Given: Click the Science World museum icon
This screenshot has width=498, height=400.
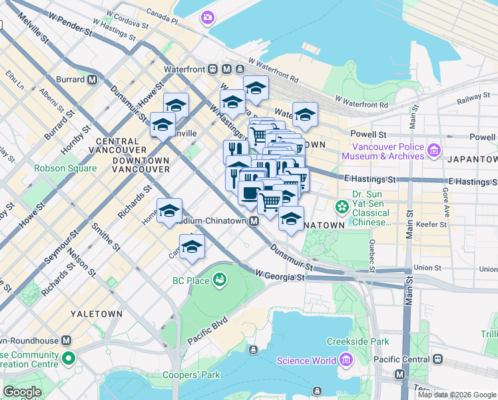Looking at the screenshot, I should pyautogui.click(x=344, y=361).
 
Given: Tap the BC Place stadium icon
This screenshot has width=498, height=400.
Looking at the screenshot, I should pyautogui.click(x=219, y=281).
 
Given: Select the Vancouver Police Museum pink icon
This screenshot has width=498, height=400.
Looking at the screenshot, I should pyautogui.click(x=433, y=151).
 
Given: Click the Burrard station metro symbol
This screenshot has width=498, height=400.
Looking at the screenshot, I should pyautogui.click(x=93, y=79).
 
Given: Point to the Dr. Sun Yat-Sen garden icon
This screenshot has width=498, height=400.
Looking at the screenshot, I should pyautogui.click(x=342, y=207).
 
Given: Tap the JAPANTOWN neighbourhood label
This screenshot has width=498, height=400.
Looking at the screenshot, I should pyautogui.click(x=472, y=159).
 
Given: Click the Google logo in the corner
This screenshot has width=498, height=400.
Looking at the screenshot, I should pyautogui.click(x=22, y=392).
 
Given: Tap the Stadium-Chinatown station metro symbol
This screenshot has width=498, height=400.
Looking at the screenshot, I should pyautogui.click(x=254, y=221).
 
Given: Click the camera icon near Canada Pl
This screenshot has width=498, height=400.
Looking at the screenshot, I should pyautogui.click(x=208, y=17).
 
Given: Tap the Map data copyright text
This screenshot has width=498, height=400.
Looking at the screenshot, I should pyautogui.click(x=456, y=395).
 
